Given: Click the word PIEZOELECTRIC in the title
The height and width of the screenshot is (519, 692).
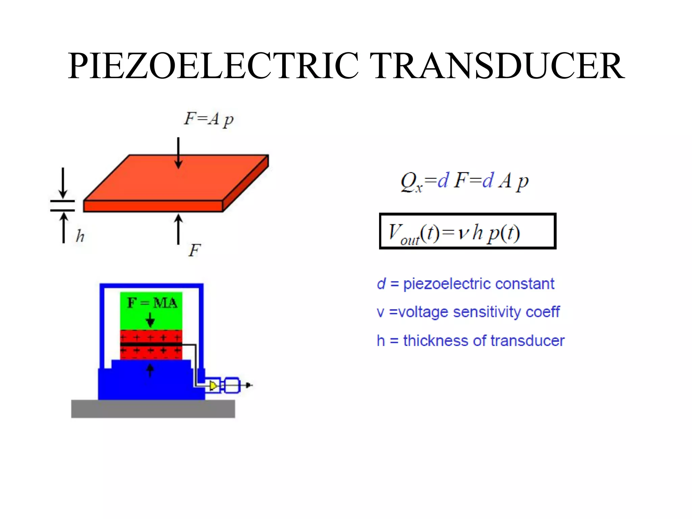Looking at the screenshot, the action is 213,66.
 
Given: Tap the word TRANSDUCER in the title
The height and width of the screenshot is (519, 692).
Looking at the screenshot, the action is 497,66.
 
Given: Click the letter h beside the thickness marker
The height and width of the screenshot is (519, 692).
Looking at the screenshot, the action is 80,236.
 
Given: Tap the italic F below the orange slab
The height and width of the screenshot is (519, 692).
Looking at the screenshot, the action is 195,250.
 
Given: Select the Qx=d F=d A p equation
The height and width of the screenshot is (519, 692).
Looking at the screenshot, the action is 464,181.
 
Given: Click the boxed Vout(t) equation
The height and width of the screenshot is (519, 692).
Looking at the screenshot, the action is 467,231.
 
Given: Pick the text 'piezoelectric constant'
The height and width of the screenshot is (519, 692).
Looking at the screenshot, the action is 478,284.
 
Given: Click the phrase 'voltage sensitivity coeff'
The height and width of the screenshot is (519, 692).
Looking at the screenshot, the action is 478,312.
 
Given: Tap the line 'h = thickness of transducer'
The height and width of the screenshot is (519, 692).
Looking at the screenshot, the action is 470,341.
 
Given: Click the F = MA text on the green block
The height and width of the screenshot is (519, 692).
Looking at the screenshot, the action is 152,302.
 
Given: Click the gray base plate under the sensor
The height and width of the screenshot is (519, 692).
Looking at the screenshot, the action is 153,409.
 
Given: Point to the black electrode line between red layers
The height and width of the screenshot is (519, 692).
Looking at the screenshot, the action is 151,344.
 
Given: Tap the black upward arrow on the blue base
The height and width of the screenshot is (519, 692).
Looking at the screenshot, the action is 150,370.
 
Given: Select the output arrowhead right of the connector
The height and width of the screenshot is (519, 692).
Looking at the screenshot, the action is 249,385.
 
